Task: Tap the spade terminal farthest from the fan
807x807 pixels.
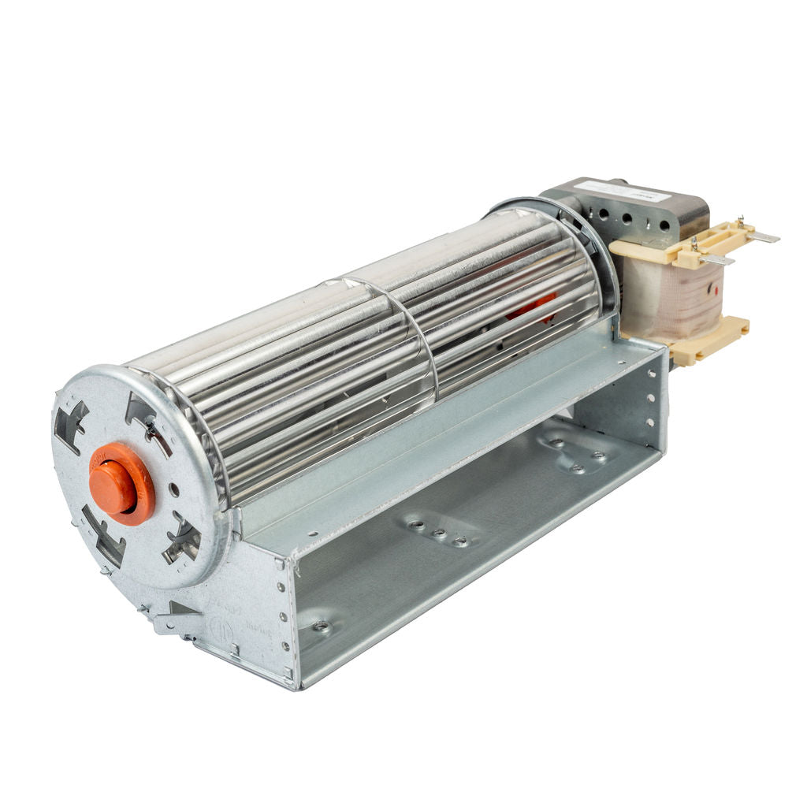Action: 763,236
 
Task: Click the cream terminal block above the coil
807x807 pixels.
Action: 678,244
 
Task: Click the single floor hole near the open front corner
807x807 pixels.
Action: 321,627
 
